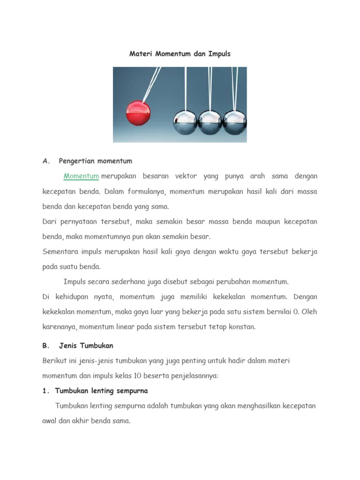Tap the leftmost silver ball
pos(185,123)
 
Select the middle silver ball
pos(210,123)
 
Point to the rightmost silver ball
pos(234,123)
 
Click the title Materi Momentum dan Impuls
pos(180,54)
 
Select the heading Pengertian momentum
pos(96,161)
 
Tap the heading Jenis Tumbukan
pos(86,345)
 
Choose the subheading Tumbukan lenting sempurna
pos(101,390)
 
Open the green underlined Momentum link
pos(81,176)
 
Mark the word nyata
pos(103,297)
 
